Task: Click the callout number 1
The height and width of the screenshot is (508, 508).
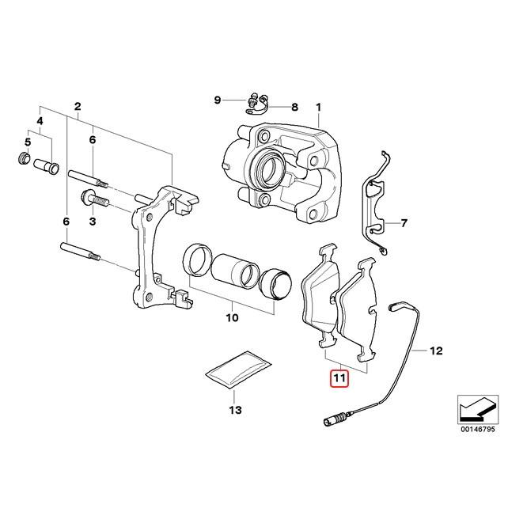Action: [320, 108]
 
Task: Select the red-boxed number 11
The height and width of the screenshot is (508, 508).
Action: [339, 380]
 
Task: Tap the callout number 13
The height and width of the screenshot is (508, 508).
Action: [234, 410]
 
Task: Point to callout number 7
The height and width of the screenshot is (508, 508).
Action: [404, 223]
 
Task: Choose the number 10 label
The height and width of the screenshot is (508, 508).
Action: [232, 319]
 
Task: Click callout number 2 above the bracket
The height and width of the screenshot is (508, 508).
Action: [78, 107]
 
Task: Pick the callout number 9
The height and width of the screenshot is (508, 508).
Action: [217, 100]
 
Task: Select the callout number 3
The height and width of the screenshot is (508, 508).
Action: [92, 222]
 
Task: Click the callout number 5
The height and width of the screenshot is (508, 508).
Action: [26, 142]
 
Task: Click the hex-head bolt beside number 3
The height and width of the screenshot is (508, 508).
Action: [89, 197]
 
